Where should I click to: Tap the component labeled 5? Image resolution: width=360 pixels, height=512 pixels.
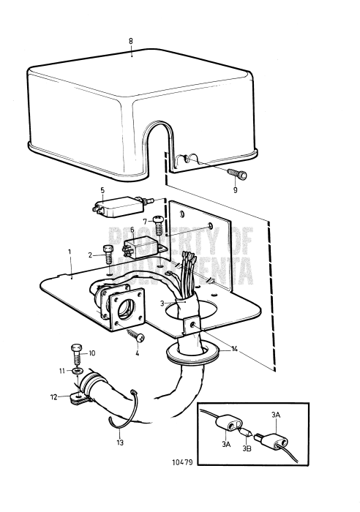(117, 208)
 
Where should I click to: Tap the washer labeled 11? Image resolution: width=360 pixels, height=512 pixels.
(78, 371)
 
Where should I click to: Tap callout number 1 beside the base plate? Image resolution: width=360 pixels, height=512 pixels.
(70, 271)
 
